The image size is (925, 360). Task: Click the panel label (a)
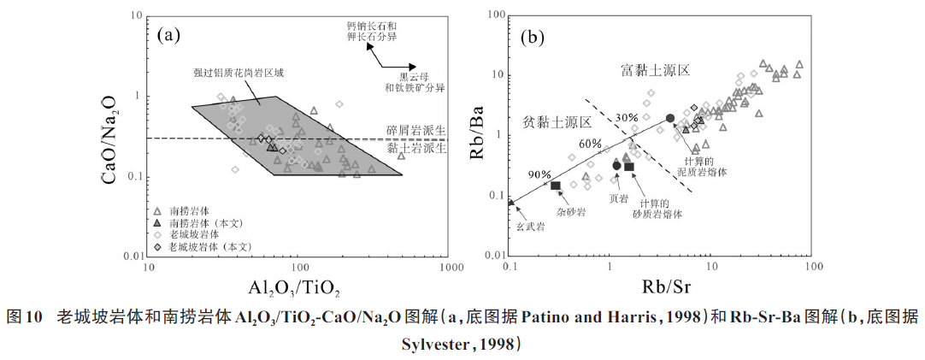point(169,35)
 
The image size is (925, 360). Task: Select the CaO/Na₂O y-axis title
point(113,136)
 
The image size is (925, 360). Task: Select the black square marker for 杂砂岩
point(556,186)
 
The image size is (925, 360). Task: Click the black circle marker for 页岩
point(616,165)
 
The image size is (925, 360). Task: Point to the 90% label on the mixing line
point(539,174)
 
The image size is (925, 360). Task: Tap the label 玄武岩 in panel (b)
point(530,227)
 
